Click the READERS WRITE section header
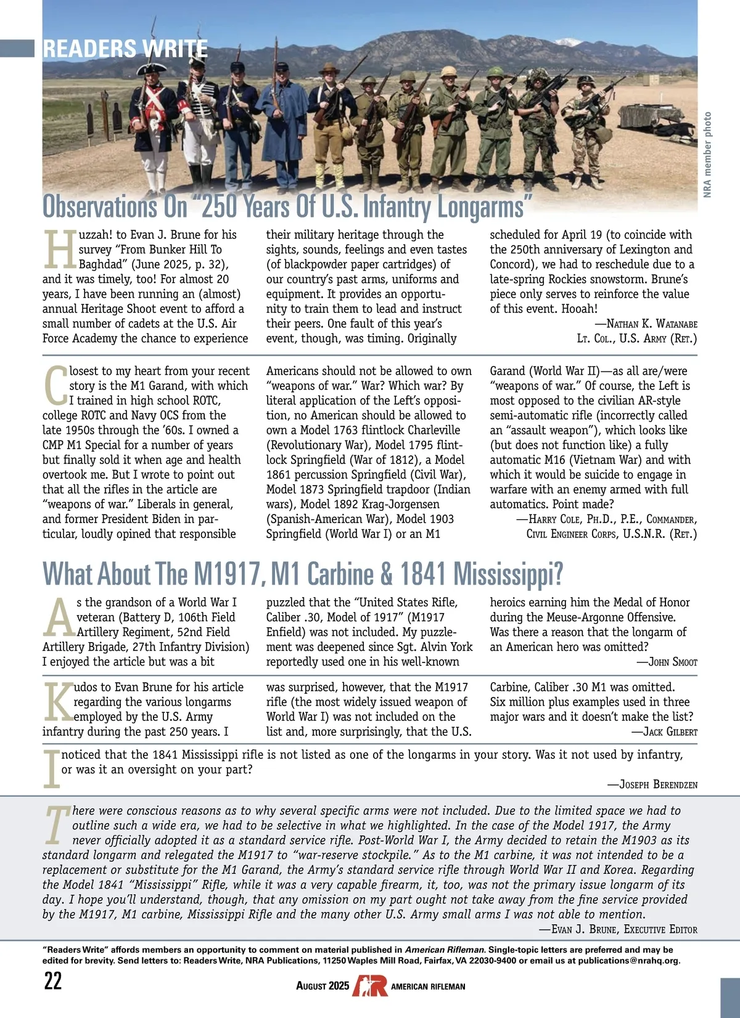point(125,48)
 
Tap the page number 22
point(53,980)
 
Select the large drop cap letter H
point(59,250)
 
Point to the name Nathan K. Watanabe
point(652,324)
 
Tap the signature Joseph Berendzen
point(658,784)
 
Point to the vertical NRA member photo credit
point(707,155)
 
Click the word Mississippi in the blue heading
point(508,574)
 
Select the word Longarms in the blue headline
point(481,207)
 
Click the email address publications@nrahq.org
point(629,961)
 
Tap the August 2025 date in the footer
point(323,986)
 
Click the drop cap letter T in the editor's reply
point(57,825)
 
